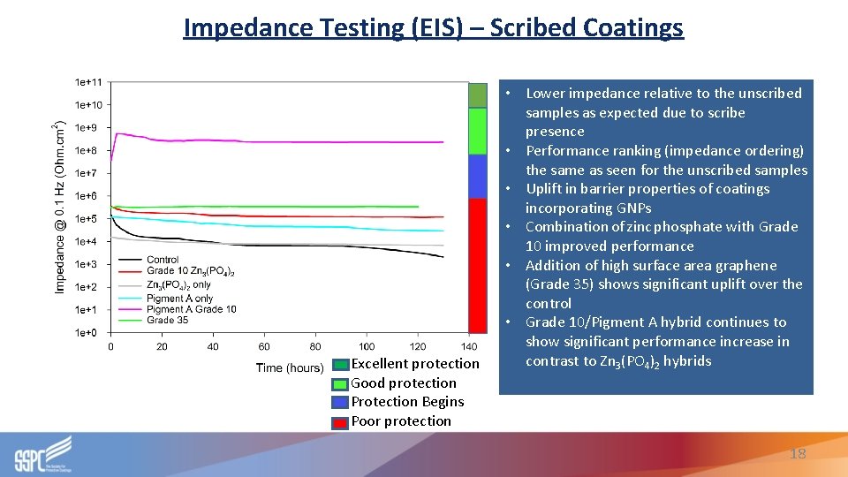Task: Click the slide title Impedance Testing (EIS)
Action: click(433, 27)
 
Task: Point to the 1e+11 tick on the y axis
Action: click(88, 82)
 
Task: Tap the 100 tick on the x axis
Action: click(367, 347)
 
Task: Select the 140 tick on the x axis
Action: click(469, 347)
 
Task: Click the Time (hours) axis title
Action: click(290, 367)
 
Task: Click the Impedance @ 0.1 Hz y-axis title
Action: click(60, 207)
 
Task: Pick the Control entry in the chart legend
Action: click(163, 260)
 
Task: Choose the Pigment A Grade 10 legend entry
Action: click(191, 309)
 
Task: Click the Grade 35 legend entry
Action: click(167, 320)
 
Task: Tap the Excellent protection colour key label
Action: click(414, 364)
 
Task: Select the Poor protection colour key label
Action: click(400, 421)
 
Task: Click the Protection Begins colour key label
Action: click(406, 402)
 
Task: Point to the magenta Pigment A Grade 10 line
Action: click(265, 140)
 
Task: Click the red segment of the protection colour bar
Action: click(477, 265)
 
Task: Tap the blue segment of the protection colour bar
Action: click(477, 176)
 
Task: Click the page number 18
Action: click(798, 453)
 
